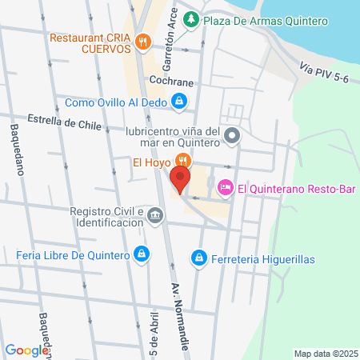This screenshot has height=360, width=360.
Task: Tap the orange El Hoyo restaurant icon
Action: click(182, 160)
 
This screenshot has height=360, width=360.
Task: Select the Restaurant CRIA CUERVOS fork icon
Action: click(142, 42)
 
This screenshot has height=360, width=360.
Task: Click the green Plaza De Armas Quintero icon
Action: click(191, 19)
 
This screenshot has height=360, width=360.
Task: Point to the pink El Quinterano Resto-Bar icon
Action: click(226, 186)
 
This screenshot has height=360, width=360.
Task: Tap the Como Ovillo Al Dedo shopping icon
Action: click(179, 101)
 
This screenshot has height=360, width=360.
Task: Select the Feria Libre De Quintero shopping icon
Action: click(142, 254)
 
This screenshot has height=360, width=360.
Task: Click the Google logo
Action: click(26, 350)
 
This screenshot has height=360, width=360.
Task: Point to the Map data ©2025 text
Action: click(324, 354)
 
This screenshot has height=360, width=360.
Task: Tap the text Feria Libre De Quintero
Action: click(73, 255)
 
